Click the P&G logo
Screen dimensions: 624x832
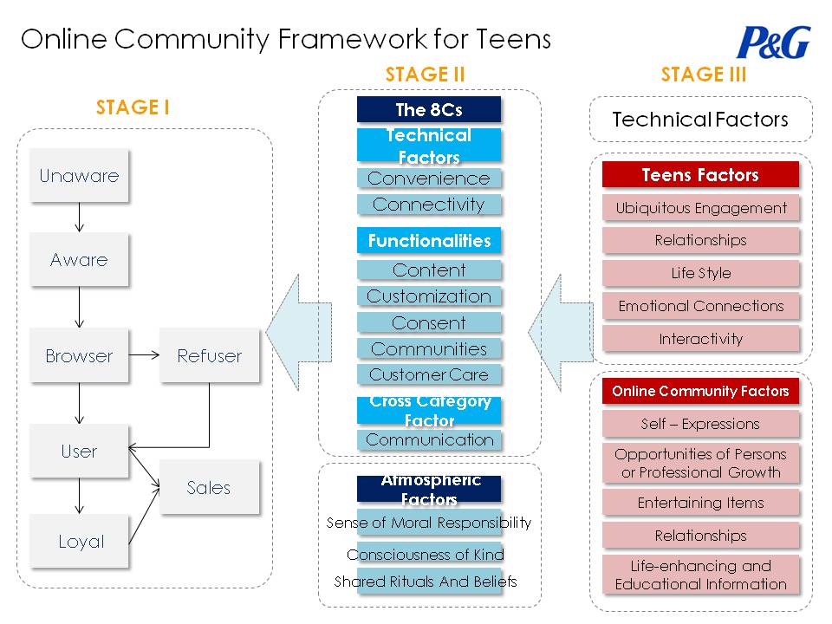[x=773, y=42]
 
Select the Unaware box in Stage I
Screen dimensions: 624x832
[x=79, y=176]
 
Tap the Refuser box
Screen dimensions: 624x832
[x=209, y=355]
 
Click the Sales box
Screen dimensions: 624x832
[x=209, y=487]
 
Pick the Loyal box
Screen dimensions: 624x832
[x=81, y=542]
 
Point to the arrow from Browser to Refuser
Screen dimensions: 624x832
[x=144, y=355]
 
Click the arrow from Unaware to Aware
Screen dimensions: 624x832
[x=79, y=218]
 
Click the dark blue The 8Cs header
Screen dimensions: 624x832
[x=429, y=109]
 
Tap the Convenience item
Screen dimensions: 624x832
[x=429, y=179]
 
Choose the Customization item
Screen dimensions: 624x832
[x=429, y=296]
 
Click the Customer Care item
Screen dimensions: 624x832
[x=429, y=375]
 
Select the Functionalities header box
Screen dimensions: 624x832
[x=429, y=240]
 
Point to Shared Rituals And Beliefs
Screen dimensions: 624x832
[x=426, y=582]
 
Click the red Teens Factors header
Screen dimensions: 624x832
[x=700, y=175]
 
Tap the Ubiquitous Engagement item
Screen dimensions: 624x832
[x=700, y=208]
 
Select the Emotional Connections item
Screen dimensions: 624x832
[x=700, y=306]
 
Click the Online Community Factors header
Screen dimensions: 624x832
[x=700, y=391]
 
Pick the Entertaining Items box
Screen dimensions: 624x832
[x=700, y=503]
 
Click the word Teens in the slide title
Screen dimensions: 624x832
[x=512, y=39]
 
